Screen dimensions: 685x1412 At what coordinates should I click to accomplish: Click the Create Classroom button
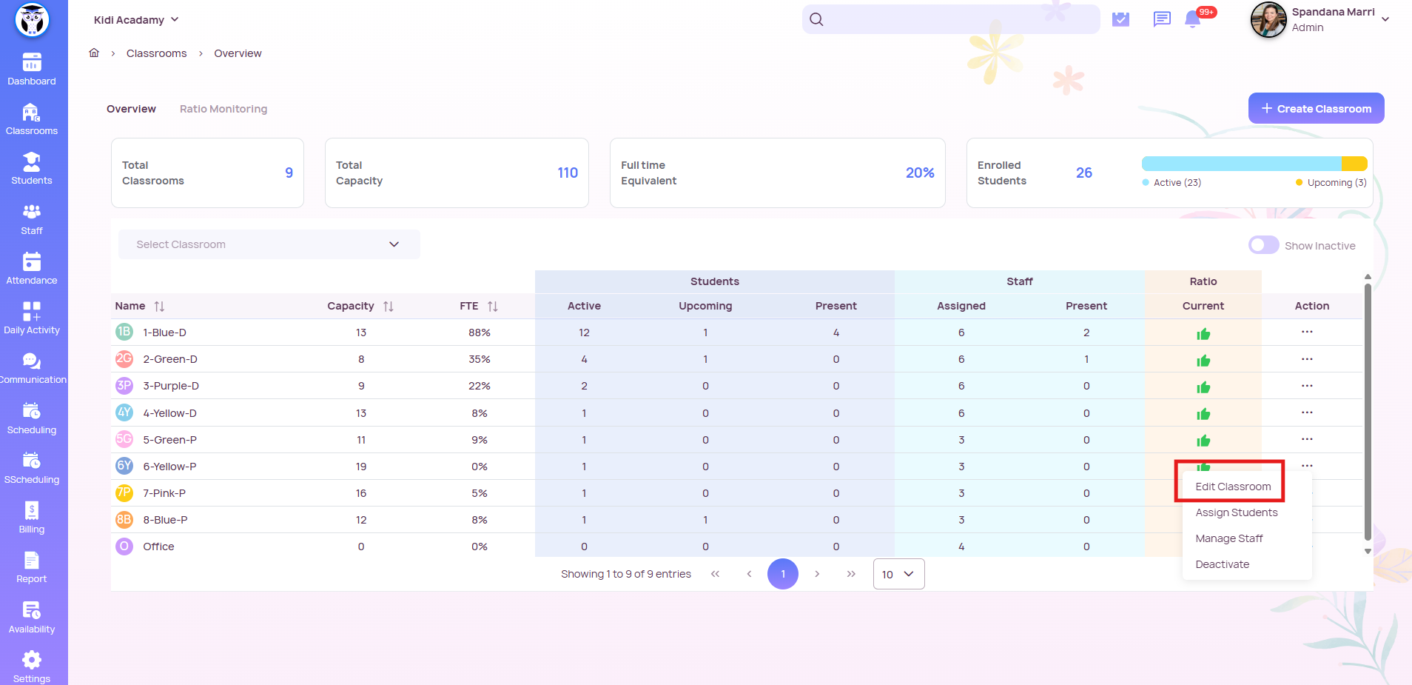coord(1316,108)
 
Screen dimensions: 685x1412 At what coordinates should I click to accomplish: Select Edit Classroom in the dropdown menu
coord(1233,487)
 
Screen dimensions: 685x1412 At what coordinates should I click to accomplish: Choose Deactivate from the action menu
coord(1222,564)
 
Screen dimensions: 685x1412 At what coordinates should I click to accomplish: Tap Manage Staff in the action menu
coord(1228,538)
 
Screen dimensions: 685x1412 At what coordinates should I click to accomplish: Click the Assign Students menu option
coord(1236,512)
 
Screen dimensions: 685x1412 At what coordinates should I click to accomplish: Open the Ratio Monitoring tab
coord(223,109)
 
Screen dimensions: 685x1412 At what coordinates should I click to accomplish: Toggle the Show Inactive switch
coord(1263,245)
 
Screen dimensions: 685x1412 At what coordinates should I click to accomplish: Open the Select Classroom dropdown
coord(269,244)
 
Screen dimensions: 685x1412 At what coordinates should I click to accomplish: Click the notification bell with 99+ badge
coord(1192,19)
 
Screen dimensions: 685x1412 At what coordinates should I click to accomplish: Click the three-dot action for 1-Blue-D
coord(1307,332)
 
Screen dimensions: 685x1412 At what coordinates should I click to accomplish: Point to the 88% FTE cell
coord(479,333)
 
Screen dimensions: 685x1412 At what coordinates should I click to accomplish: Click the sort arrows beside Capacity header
coord(389,307)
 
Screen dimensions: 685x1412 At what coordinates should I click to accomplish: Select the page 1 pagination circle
coord(782,574)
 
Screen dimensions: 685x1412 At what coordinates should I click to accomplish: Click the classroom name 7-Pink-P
coord(164,493)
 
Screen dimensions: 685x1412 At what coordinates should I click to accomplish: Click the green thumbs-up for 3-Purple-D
coord(1203,387)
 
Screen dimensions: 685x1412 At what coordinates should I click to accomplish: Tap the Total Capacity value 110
coord(567,173)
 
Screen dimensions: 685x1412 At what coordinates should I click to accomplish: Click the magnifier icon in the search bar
coord(816,19)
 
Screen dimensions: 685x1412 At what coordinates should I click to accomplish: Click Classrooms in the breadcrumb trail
coord(156,53)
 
